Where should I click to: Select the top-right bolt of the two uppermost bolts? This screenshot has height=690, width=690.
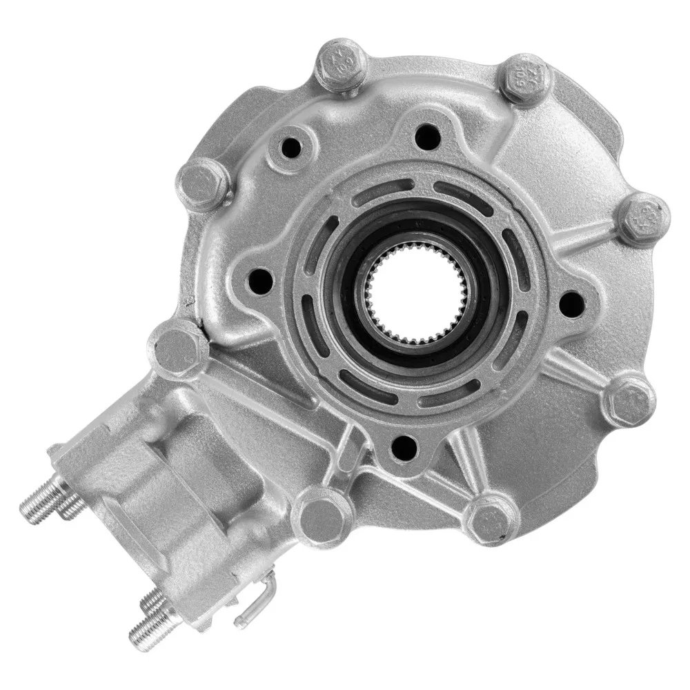pos(526,81)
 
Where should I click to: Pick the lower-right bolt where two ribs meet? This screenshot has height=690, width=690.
pos(629,401)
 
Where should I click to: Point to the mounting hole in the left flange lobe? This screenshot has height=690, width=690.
pos(261,279)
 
